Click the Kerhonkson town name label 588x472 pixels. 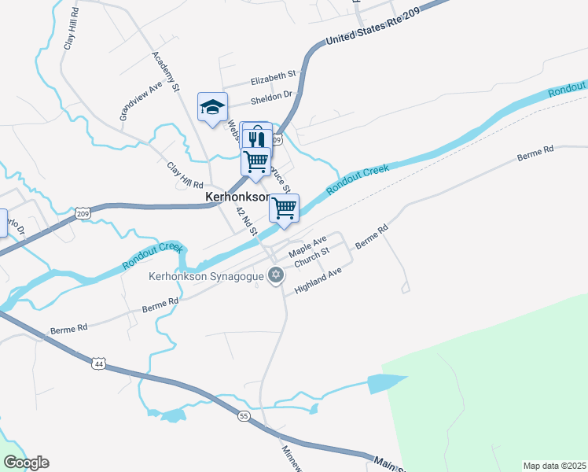238,197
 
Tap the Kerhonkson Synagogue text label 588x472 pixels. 207,276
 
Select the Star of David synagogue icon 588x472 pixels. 274,275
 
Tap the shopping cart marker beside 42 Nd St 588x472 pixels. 284,208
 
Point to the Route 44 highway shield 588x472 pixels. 98,363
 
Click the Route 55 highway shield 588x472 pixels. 244,415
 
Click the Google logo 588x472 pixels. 26,463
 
